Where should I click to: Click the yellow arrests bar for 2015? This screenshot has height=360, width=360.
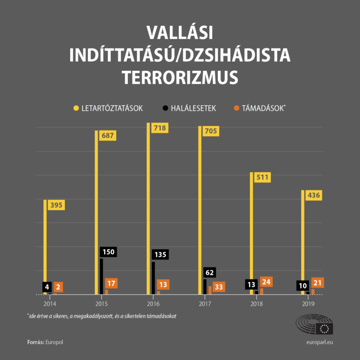click(96, 211)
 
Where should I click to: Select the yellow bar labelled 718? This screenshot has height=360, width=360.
click(148, 207)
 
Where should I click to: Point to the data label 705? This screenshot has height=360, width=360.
click(211, 131)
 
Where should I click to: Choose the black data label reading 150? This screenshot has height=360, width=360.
click(109, 252)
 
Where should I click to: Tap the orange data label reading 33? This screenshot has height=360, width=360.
click(219, 287)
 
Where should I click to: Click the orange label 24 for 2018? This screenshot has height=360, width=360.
click(266, 282)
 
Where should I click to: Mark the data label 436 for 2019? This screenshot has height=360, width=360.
click(314, 195)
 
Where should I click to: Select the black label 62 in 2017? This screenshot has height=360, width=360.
click(210, 272)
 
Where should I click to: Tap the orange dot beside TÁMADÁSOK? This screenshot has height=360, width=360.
click(236, 108)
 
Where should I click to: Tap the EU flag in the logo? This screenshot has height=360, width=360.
click(324, 328)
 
